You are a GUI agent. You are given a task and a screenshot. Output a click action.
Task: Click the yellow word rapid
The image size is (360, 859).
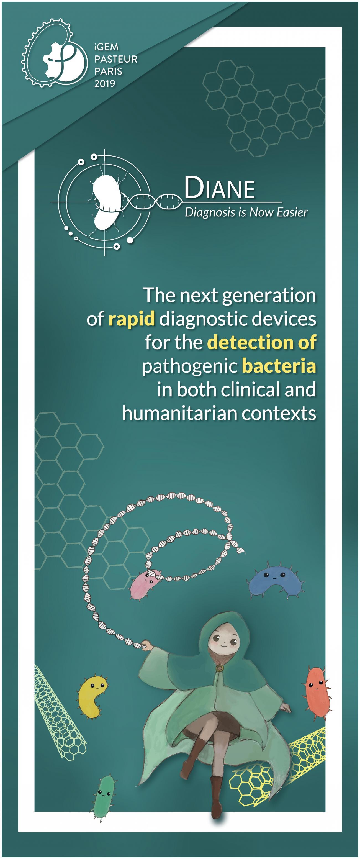click(x=131, y=319)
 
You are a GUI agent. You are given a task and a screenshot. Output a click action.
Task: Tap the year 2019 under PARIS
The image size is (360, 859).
click(x=105, y=83)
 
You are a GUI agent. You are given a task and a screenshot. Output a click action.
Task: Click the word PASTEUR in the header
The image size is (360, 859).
click(x=116, y=59)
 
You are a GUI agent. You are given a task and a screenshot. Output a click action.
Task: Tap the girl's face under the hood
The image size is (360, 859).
click(x=223, y=642)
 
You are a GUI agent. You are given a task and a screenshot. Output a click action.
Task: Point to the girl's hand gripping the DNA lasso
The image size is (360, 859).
click(x=146, y=645)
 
